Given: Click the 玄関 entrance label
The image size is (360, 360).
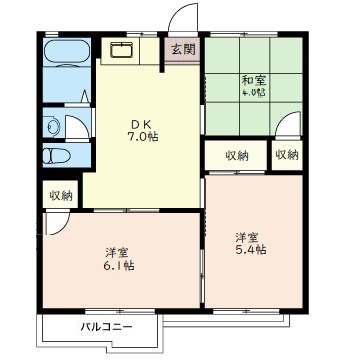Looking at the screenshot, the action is click(x=183, y=50).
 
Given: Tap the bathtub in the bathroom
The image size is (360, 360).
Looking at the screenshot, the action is click(x=67, y=51).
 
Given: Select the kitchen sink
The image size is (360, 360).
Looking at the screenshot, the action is click(x=122, y=49).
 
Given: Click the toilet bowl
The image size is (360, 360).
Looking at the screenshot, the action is click(x=57, y=155).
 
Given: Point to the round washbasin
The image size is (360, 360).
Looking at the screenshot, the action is click(x=52, y=127).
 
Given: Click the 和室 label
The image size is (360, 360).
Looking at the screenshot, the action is click(x=254, y=80).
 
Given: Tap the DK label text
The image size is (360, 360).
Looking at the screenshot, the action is click(x=141, y=124).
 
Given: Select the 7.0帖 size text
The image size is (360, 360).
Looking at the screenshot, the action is click(x=143, y=137).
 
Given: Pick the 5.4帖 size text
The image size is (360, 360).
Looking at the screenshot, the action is click(x=251, y=249).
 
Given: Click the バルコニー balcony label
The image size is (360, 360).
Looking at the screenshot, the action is click(x=106, y=326).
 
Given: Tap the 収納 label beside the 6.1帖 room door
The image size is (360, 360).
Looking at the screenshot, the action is click(x=61, y=195).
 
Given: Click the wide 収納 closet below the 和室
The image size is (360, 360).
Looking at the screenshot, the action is click(x=237, y=156).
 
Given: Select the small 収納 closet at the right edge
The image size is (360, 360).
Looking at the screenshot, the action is click(x=287, y=155).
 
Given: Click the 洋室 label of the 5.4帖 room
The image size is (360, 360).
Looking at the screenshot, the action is click(x=247, y=237).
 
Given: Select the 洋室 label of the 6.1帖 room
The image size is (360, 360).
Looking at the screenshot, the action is click(x=116, y=253).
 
